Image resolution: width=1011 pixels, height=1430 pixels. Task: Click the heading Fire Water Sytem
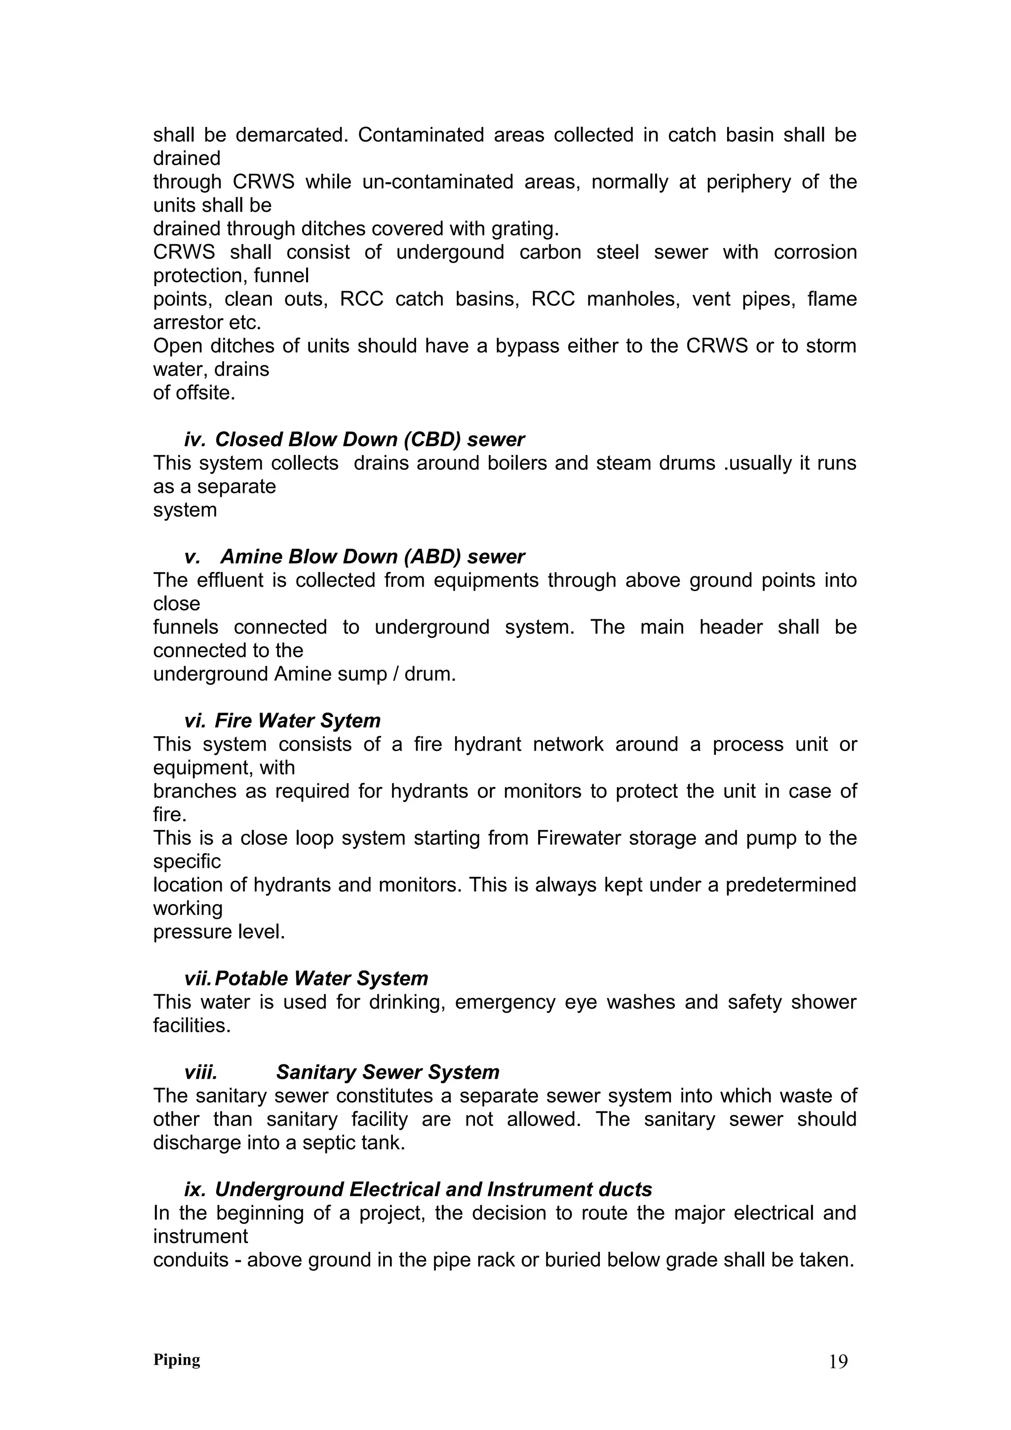[x=297, y=720]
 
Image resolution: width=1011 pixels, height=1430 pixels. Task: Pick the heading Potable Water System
[x=321, y=978]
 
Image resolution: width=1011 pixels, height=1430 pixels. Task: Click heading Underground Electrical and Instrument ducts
[x=433, y=1190]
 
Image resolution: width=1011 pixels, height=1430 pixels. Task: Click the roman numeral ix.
[x=194, y=1190]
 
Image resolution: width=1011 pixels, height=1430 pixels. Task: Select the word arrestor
[x=188, y=323]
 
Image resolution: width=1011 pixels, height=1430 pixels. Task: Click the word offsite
[x=207, y=393]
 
